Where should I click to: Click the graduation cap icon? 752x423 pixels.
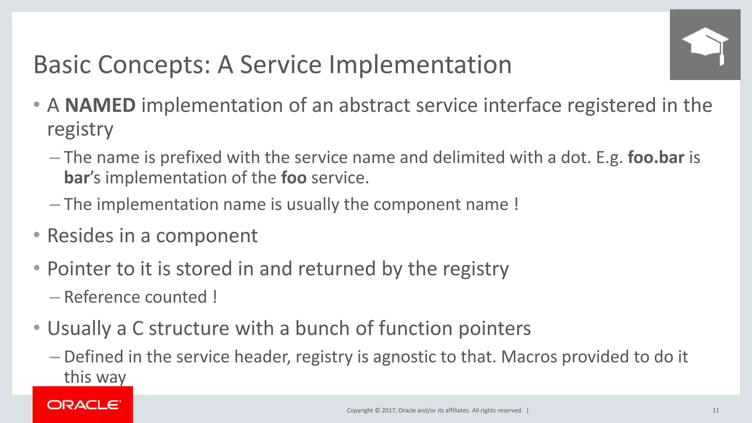coord(705,45)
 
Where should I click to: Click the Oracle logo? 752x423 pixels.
coord(83,405)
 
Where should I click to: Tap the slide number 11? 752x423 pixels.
coord(715,411)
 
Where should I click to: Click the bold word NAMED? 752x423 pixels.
coord(100,105)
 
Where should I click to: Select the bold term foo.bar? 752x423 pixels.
coord(656,158)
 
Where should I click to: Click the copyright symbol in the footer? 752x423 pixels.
coord(377,411)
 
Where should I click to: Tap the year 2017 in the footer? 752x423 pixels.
coord(388,411)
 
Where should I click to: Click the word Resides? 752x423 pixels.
coord(80,236)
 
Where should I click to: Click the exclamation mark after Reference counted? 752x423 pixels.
coord(215,297)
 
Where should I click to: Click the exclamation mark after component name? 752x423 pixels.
coord(516,204)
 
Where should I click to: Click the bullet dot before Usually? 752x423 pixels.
coord(36,328)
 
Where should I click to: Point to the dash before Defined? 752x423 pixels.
coord(55,357)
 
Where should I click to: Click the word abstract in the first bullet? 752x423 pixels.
coord(375,105)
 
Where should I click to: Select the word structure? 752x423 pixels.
coord(189,328)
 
